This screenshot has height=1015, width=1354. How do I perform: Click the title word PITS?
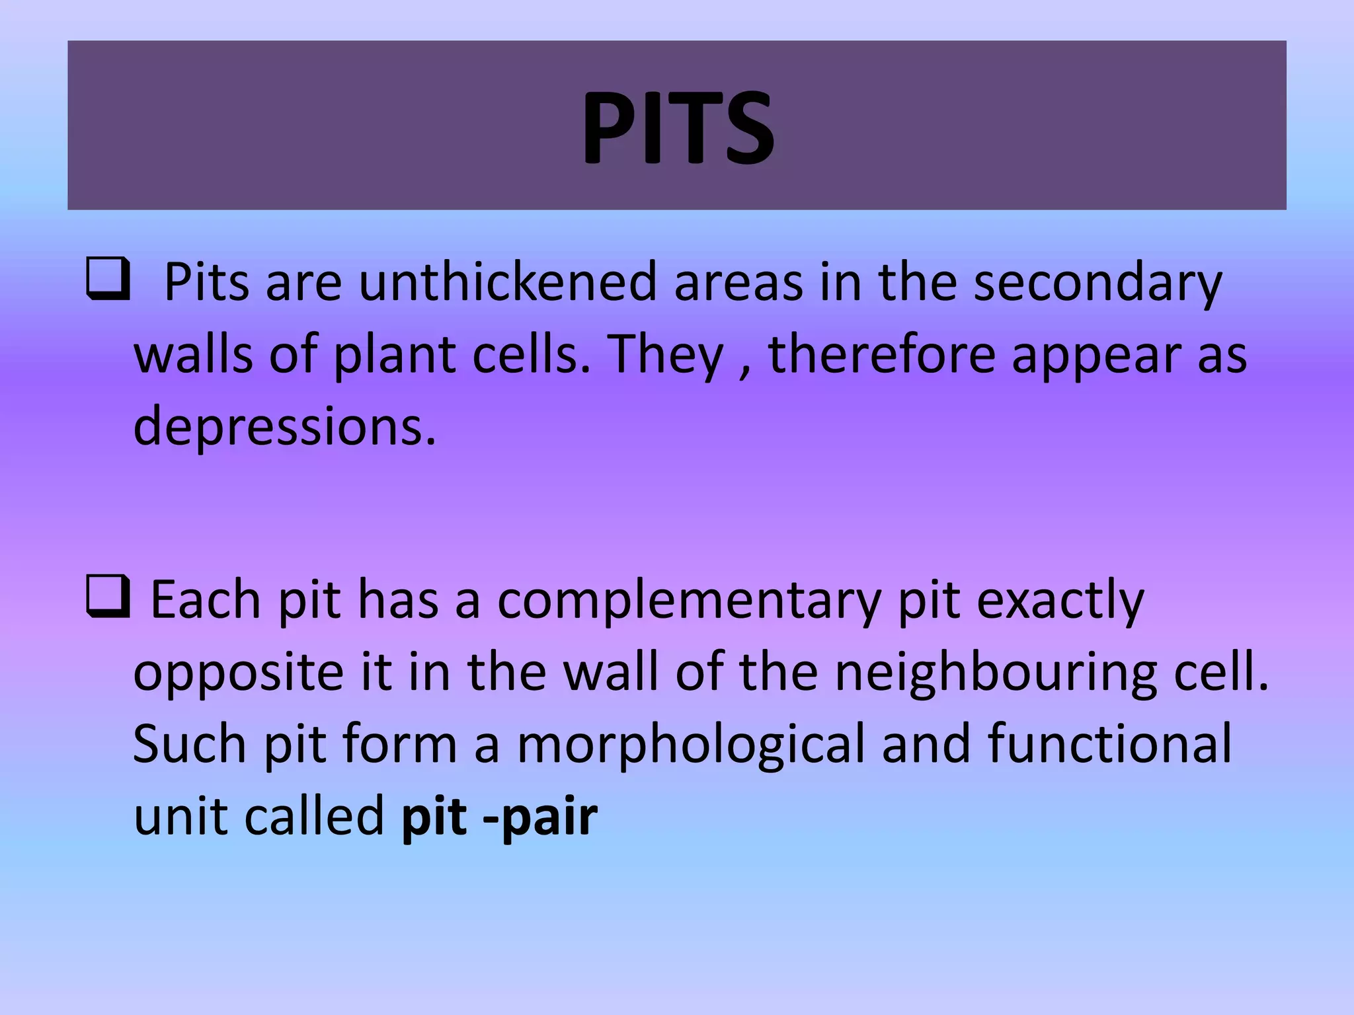coord(677,127)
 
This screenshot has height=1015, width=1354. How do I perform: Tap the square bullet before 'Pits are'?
coord(108,282)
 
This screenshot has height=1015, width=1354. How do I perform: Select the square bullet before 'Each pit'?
coord(108,598)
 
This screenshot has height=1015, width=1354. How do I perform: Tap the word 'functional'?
coord(1110,743)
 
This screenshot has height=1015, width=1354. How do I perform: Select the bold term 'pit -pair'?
coord(499,817)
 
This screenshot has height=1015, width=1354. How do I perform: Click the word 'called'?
coord(315,815)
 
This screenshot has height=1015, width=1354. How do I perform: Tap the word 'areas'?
coord(738,283)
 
